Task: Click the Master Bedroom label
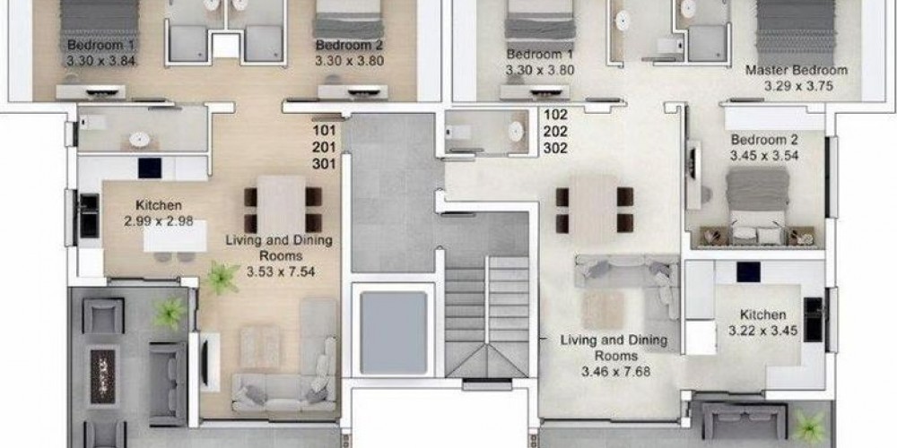797,70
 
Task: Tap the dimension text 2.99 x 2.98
159,221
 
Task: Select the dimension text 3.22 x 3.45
763,331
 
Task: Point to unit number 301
324,164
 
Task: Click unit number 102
555,115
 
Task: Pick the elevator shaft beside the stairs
394,332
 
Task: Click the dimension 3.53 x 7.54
281,272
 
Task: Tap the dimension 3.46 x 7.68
615,372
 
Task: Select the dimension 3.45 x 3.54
764,155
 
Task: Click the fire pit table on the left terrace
103,368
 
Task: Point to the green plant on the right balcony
810,427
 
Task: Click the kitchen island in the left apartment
175,236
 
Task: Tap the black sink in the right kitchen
813,320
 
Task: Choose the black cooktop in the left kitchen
150,168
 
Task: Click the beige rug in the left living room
260,346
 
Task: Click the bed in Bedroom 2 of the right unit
758,206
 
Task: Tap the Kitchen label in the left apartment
159,205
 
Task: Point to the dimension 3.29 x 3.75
798,86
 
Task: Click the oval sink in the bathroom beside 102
517,132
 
